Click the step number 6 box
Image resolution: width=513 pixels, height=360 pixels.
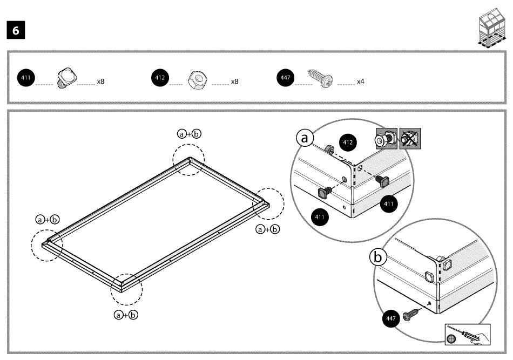(16, 31)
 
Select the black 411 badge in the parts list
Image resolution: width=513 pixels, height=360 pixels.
(26, 78)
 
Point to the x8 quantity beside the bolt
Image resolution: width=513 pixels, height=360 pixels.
(100, 81)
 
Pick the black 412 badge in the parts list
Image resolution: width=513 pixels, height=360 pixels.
(160, 78)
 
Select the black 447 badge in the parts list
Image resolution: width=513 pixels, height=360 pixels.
(285, 78)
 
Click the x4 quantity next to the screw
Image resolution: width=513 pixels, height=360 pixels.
(360, 81)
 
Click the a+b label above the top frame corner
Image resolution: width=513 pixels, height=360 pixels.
(190, 134)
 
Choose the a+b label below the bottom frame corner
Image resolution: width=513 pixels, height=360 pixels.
(126, 314)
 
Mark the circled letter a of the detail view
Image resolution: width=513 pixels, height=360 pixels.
(304, 138)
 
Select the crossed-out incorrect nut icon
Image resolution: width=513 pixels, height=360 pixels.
(410, 139)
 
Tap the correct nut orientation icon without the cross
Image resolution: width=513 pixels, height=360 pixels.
(387, 139)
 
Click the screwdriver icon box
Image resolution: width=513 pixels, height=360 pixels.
(467, 335)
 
